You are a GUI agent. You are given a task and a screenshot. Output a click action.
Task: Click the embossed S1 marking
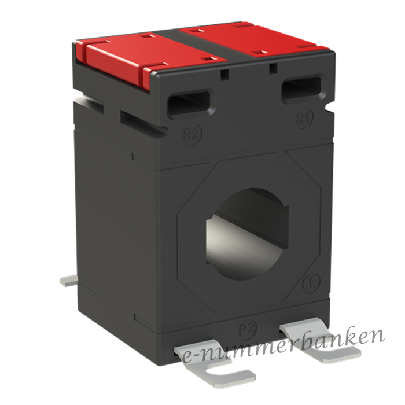[x=304, y=118]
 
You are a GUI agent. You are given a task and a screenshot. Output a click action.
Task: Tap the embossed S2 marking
[x=193, y=134]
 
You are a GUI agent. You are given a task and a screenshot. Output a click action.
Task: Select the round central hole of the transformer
[x=248, y=234]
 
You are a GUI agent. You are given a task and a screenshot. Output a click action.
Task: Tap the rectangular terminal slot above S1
[x=304, y=89]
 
